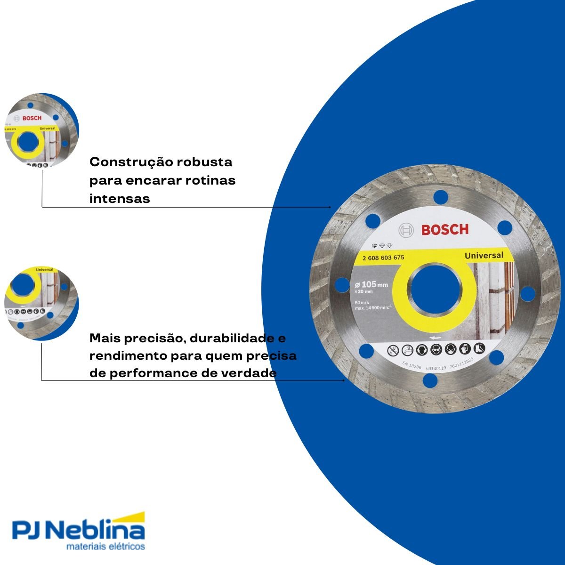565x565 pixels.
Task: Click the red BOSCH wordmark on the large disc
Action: [x=445, y=230]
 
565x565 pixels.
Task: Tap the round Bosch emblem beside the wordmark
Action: [x=406, y=230]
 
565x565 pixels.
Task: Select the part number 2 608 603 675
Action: [x=383, y=258]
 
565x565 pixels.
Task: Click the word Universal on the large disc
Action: [x=484, y=255]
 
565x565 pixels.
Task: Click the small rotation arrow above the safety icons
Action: [x=435, y=338]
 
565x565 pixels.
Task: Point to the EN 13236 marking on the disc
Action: [x=412, y=364]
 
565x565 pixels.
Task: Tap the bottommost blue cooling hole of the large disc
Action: [x=429, y=380]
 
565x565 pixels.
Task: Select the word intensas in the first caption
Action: [x=120, y=199]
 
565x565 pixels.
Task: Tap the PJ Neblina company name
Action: [x=78, y=530]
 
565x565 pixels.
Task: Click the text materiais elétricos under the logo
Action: [x=105, y=547]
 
